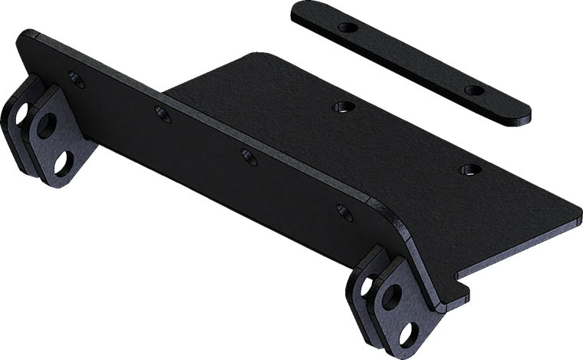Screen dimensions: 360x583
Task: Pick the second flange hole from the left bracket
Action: click(162, 114)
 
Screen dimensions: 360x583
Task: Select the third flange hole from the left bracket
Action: click(247, 156)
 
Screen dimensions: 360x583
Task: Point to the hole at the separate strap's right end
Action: click(476, 91)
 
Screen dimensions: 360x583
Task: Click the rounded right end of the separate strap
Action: click(525, 116)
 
